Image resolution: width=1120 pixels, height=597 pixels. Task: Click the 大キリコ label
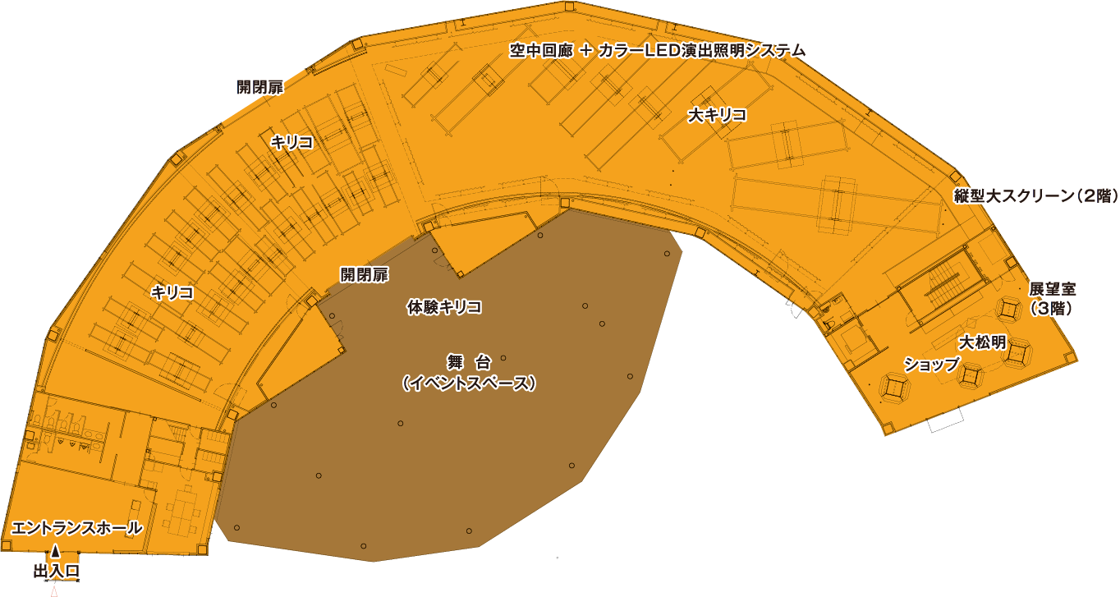[x=717, y=116]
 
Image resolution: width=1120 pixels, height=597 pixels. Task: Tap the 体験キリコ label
[x=443, y=308]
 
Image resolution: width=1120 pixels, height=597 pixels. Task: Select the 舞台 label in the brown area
[x=469, y=362]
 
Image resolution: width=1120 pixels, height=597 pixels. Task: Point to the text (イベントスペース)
[x=469, y=383]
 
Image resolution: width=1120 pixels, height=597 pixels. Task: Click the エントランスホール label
[x=77, y=528]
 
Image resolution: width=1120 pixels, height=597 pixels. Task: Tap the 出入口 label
[x=56, y=571]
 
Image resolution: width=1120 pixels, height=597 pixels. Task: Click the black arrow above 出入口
[x=56, y=551]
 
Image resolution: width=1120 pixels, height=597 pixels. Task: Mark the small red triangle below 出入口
[x=54, y=590]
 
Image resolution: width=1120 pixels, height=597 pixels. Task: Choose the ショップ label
[x=931, y=365]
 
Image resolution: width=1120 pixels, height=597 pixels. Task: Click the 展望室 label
[x=1052, y=289]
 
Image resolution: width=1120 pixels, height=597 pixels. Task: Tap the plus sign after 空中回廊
[x=585, y=51]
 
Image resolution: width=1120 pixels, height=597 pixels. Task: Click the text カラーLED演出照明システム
[x=701, y=51]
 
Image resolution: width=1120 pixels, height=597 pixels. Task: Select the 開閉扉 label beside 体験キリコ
[x=364, y=274]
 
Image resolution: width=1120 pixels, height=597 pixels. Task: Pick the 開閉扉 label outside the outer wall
[x=259, y=87]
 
